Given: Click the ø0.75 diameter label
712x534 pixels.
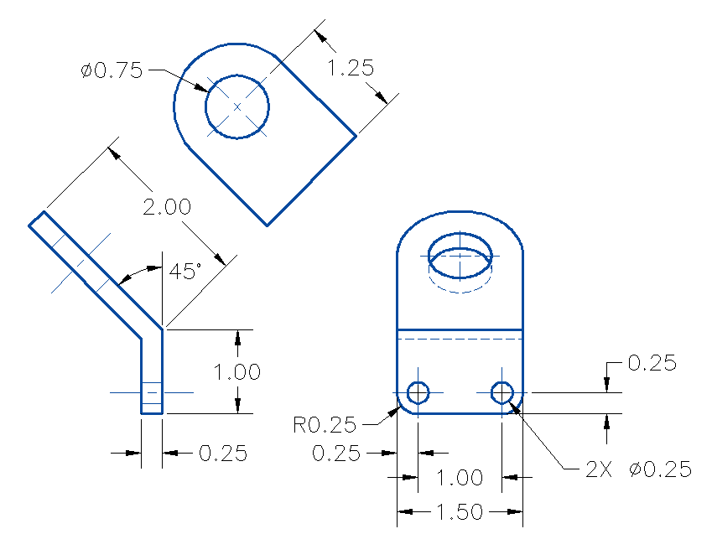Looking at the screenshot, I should click(112, 71).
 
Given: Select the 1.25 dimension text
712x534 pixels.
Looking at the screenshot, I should click(350, 69).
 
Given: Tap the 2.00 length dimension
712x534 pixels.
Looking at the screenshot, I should click(166, 207).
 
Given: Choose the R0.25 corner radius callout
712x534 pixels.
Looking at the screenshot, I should click(325, 425).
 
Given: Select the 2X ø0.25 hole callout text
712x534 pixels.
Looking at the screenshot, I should click(639, 469).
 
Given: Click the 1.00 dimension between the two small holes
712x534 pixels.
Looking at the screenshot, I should click(460, 478).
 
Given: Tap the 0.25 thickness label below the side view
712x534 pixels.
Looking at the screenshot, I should click(223, 454).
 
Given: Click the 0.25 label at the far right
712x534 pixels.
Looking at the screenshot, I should click(652, 363).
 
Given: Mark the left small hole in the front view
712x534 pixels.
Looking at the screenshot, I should click(418, 392).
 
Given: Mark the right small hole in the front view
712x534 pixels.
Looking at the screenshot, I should click(502, 392).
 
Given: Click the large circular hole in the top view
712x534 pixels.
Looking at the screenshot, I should click(237, 106).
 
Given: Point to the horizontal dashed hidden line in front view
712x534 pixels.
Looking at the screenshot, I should click(460, 340).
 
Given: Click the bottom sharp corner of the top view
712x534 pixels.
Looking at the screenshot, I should click(267, 226).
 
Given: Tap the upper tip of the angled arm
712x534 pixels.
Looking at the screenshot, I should click(36, 218).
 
